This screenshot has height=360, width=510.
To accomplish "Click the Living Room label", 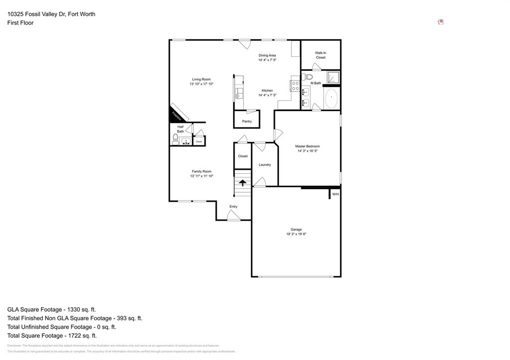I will click(201, 79).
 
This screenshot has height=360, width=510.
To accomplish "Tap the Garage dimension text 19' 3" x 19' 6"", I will click(299, 234).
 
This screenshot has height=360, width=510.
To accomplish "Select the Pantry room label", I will click(247, 121).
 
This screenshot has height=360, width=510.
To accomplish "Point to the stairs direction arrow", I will click(243, 183).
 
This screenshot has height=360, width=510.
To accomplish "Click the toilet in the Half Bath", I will click(175, 138).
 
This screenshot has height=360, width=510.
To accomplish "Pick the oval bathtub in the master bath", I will click(331, 99).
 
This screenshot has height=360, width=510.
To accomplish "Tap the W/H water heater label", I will click(335, 194).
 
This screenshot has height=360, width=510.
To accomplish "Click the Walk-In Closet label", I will click(321, 55).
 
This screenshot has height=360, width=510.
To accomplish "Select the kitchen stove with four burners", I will click(295, 86).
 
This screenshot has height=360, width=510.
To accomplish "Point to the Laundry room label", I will click(264, 165).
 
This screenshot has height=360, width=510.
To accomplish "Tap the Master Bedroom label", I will click(307, 146).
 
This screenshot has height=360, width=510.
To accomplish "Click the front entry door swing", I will click(234, 215).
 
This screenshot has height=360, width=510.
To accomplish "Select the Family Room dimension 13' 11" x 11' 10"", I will click(201, 176).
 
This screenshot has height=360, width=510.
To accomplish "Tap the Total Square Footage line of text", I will click(52, 336).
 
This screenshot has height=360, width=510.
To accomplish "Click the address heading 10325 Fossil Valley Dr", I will click(51, 14).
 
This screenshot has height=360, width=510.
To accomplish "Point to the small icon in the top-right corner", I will click(440, 22).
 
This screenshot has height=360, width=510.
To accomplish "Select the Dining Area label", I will click(267, 55).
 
